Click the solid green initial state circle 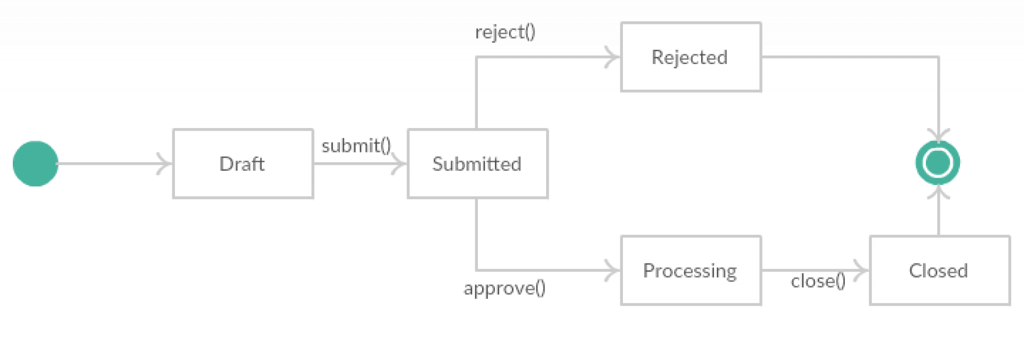[x=35, y=164]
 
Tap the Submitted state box [x=477, y=164]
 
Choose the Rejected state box [x=690, y=57]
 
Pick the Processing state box [x=690, y=270]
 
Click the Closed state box [x=939, y=270]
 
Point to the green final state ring [x=938, y=163]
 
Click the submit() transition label [x=356, y=145]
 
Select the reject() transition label [x=505, y=33]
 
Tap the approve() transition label [x=505, y=289]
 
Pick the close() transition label [x=818, y=281]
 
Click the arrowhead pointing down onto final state [x=938, y=134]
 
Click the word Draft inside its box [x=242, y=164]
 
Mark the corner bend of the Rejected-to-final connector [x=938, y=57]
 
